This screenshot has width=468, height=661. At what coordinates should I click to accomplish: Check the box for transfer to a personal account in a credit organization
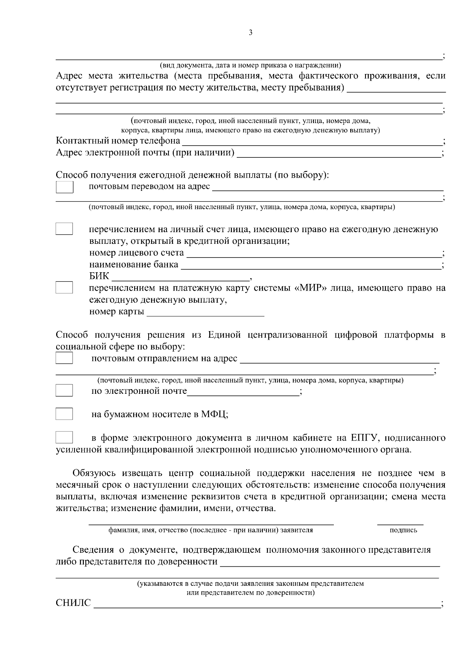coord(64,229)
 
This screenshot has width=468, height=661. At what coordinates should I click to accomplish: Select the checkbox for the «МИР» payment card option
coord(64,287)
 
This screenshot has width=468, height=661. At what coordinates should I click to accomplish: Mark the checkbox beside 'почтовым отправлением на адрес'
coord(64,358)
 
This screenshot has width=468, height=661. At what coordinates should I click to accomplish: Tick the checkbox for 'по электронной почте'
coord(64,390)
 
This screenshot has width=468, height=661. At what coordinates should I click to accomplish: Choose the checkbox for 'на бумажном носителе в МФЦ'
coord(64,414)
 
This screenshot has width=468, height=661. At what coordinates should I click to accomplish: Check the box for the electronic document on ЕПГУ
coord(64,437)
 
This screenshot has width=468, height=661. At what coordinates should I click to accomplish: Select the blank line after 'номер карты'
coord(206,313)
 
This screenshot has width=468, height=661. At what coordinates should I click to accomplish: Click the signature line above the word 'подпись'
coord(400,522)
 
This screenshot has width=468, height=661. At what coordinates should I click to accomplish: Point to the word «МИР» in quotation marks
coord(310,288)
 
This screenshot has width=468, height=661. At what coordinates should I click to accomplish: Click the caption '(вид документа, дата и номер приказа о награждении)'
coord(251,65)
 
